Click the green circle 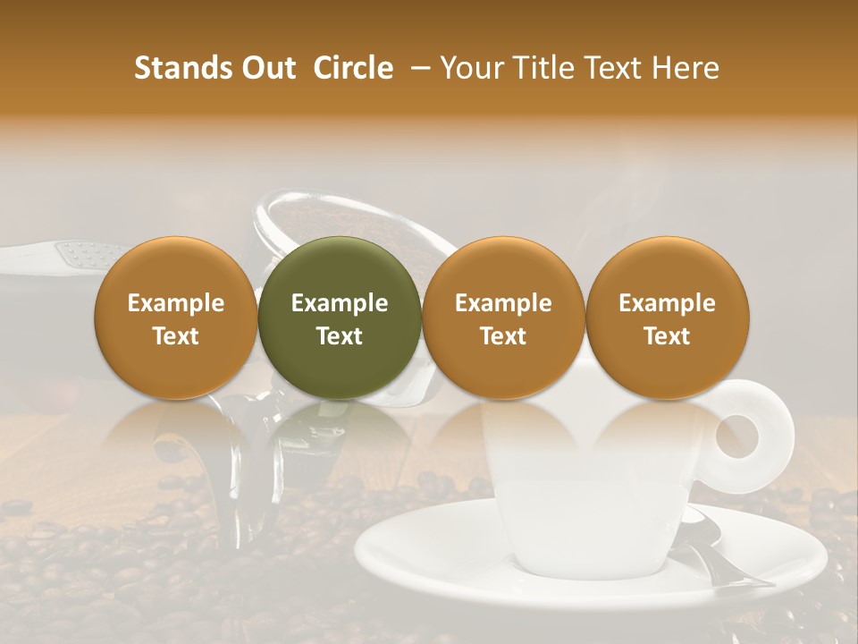click(340, 318)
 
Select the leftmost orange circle click(176, 318)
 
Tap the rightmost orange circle click(668, 318)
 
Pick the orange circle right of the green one click(503, 318)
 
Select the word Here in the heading click(688, 68)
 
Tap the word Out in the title click(267, 68)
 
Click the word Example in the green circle click(340, 303)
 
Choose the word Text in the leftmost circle click(176, 336)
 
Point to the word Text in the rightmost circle click(668, 336)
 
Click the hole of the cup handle click(739, 436)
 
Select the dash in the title click(416, 68)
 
